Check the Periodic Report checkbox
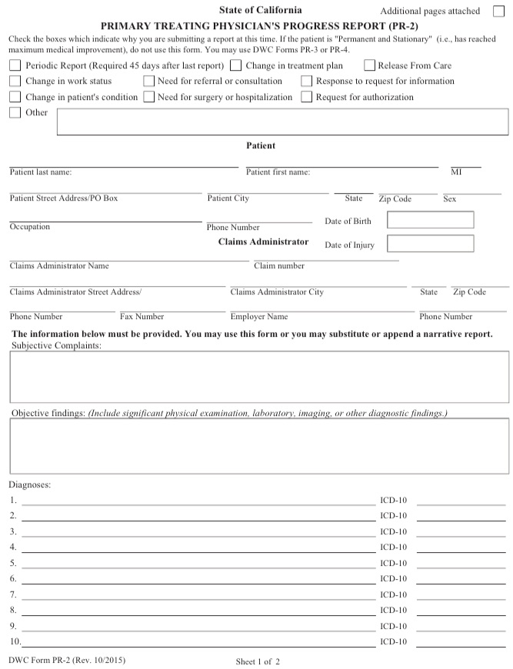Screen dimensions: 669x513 (15, 66)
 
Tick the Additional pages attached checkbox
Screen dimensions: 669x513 (498, 11)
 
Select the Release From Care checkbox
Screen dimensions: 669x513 (369, 66)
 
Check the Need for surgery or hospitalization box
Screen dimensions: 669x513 (149, 97)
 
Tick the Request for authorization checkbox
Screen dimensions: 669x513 (307, 97)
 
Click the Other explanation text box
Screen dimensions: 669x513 (282, 121)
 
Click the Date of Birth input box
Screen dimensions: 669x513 (430, 220)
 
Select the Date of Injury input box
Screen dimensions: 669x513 (430, 244)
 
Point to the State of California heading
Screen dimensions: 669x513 (260, 10)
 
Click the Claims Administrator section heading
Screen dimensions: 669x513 (263, 241)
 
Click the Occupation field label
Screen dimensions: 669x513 (29, 227)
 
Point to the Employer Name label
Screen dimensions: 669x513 (258, 316)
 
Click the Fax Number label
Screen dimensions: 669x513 (142, 316)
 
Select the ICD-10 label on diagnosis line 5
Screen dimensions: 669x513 (393, 563)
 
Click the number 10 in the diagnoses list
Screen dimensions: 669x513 (15, 641)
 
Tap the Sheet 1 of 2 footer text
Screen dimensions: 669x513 (258, 661)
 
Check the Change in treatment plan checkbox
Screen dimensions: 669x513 (236, 66)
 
